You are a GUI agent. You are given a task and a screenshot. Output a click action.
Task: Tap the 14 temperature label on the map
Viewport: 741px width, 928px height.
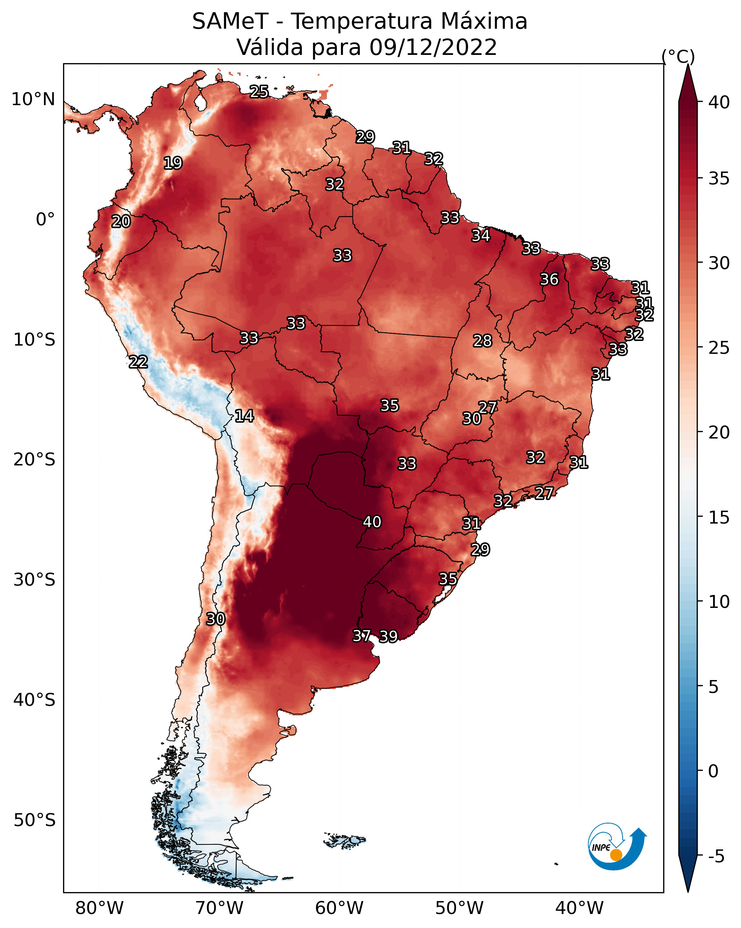pyautogui.click(x=244, y=416)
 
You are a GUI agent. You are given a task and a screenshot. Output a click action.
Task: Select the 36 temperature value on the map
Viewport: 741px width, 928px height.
pyautogui.click(x=549, y=279)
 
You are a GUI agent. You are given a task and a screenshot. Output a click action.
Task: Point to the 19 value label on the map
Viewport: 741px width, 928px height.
pyautogui.click(x=173, y=163)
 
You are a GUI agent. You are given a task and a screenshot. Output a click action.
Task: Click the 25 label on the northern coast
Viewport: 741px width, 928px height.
pyautogui.click(x=259, y=92)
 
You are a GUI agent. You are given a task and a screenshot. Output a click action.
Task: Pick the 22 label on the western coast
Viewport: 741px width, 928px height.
pyautogui.click(x=138, y=362)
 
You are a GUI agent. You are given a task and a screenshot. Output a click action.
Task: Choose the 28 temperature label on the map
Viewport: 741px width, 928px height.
pyautogui.click(x=482, y=341)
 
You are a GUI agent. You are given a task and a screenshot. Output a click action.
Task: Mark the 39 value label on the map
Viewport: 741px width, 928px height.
pyautogui.click(x=388, y=636)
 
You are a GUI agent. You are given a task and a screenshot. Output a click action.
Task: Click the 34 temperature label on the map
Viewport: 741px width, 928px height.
pyautogui.click(x=481, y=235)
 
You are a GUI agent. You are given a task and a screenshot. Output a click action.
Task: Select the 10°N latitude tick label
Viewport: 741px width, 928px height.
pyautogui.click(x=33, y=99)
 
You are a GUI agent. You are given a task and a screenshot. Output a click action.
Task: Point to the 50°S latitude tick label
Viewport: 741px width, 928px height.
pyautogui.click(x=34, y=820)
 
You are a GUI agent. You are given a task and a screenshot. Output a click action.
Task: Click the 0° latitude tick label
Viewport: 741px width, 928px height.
pyautogui.click(x=45, y=220)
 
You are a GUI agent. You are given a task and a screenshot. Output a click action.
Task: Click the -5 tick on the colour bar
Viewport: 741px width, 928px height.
pyautogui.click(x=716, y=857)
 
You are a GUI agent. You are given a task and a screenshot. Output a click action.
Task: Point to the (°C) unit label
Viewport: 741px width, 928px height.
pyautogui.click(x=678, y=56)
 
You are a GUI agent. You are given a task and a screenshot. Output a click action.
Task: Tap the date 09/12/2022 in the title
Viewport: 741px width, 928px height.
pyautogui.click(x=433, y=47)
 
